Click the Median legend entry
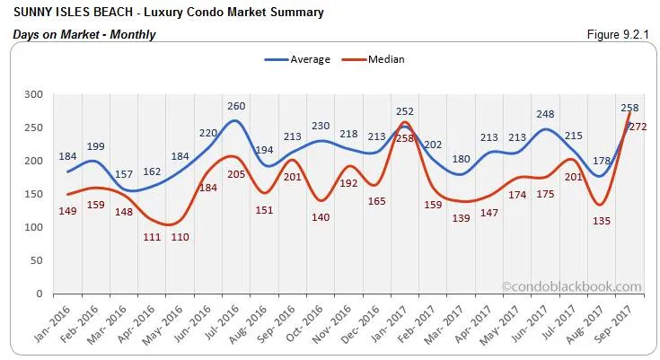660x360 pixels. (385, 59)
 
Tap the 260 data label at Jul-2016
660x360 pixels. (236, 106)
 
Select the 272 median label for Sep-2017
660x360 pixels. (638, 127)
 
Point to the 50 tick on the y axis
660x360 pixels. (36, 260)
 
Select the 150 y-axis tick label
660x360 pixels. (32, 194)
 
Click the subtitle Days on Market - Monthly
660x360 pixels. (84, 34)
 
